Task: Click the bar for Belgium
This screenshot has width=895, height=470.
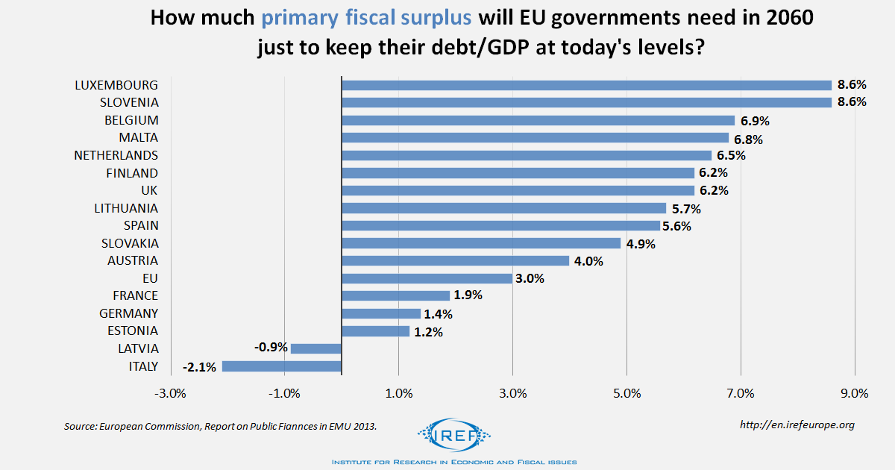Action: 538,120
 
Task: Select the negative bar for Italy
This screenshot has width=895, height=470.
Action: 281,366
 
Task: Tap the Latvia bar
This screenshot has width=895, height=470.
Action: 315,348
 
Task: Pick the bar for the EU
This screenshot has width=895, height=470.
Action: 427,278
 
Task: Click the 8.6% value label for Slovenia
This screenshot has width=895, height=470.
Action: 851,102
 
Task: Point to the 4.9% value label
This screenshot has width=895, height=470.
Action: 639,243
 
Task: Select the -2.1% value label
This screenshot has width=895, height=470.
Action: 200,366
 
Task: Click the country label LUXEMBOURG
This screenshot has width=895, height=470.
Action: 116,85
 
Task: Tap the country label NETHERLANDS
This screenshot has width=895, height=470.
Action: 116,155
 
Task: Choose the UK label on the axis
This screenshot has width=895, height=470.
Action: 149,190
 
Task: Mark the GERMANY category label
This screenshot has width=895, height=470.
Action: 128,313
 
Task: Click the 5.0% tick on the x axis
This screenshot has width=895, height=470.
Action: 626,394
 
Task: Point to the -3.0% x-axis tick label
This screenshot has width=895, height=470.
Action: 170,394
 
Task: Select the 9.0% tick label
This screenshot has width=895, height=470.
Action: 855,394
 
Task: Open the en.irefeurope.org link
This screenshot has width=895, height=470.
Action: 797,424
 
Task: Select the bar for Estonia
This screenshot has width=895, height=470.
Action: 375,331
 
